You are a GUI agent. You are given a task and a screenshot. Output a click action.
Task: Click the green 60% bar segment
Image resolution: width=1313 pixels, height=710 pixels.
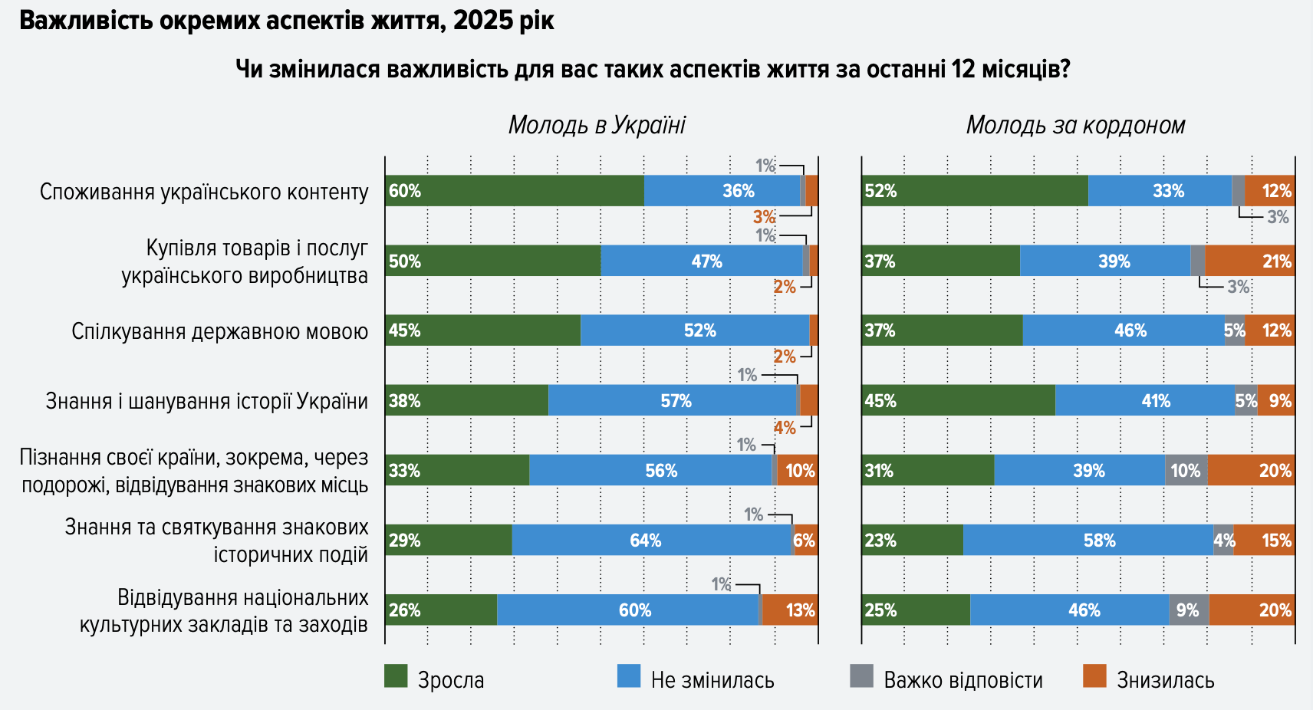pyautogui.click(x=514, y=191)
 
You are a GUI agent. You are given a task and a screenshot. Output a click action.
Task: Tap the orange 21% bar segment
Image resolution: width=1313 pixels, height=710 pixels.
pyautogui.click(x=1249, y=261)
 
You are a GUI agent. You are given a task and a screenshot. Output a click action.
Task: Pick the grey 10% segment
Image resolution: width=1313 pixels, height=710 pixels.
pyautogui.click(x=1186, y=471)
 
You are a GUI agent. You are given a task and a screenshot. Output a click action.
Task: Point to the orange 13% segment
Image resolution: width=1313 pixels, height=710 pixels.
pyautogui.click(x=789, y=610)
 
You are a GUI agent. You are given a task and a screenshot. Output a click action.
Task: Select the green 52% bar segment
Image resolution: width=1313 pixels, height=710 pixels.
pyautogui.click(x=974, y=191)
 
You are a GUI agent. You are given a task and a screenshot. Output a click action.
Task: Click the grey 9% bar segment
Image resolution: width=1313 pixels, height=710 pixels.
pyautogui.click(x=1188, y=610)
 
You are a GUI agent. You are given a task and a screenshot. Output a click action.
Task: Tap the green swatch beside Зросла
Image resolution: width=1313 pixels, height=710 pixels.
pyautogui.click(x=396, y=676)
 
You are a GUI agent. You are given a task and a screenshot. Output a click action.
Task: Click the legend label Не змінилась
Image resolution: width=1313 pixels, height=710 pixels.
pyautogui.click(x=712, y=680)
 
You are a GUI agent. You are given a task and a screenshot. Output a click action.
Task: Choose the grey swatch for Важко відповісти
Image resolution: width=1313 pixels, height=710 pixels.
pyautogui.click(x=862, y=676)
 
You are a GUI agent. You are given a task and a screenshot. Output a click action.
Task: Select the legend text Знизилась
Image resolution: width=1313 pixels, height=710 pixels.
pyautogui.click(x=1165, y=680)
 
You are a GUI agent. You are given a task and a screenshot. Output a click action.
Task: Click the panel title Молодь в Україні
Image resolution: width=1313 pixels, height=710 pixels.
pyautogui.click(x=597, y=125)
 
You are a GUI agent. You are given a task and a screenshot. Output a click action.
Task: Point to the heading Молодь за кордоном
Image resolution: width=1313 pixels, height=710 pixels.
pyautogui.click(x=1075, y=125)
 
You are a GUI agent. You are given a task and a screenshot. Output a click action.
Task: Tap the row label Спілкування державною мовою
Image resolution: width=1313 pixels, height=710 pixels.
pyautogui.click(x=219, y=331)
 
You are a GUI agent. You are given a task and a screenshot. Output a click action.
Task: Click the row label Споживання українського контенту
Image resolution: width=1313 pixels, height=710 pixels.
pyautogui.click(x=204, y=192)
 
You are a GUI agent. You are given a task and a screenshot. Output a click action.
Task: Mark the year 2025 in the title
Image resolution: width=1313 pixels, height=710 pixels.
pyautogui.click(x=483, y=21)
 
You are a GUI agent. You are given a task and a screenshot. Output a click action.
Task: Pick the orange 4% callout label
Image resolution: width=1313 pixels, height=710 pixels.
pyautogui.click(x=785, y=428)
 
